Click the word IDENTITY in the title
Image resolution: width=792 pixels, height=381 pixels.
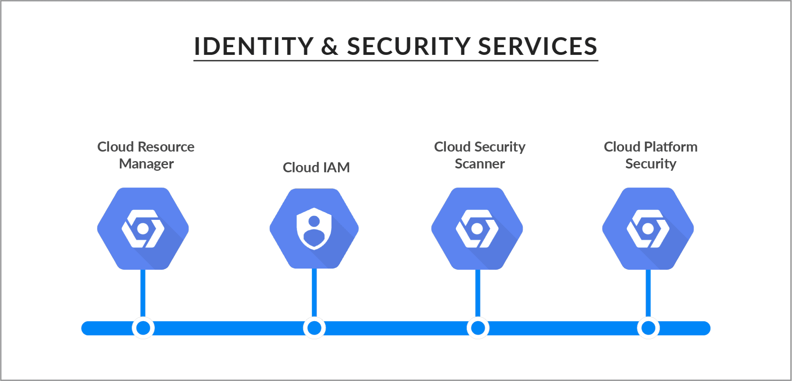[253, 46]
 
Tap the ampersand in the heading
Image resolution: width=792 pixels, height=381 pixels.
[329, 46]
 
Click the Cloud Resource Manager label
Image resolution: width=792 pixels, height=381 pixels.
[146, 155]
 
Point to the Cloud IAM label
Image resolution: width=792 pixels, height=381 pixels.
[316, 167]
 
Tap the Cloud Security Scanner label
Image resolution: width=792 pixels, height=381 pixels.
[480, 155]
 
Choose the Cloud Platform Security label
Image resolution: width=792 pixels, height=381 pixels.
[650, 155]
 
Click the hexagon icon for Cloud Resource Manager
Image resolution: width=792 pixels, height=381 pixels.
[143, 228]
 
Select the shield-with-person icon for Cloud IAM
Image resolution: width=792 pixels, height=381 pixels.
[314, 228]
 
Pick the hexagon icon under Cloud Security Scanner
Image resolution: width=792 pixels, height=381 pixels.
[477, 228]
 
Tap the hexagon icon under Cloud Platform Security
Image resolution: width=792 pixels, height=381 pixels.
[648, 228]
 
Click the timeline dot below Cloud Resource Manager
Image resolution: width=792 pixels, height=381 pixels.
[143, 328]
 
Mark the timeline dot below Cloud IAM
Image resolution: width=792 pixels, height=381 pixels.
[314, 328]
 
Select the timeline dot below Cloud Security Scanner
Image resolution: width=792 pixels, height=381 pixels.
[478, 328]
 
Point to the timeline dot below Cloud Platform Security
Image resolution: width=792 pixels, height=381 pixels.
[649, 328]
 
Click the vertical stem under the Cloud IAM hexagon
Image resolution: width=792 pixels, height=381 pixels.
[314, 293]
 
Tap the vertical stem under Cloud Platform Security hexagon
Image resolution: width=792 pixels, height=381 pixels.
[648, 293]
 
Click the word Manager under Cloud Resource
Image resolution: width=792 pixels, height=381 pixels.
[146, 164]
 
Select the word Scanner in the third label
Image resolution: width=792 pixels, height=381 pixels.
[480, 164]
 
